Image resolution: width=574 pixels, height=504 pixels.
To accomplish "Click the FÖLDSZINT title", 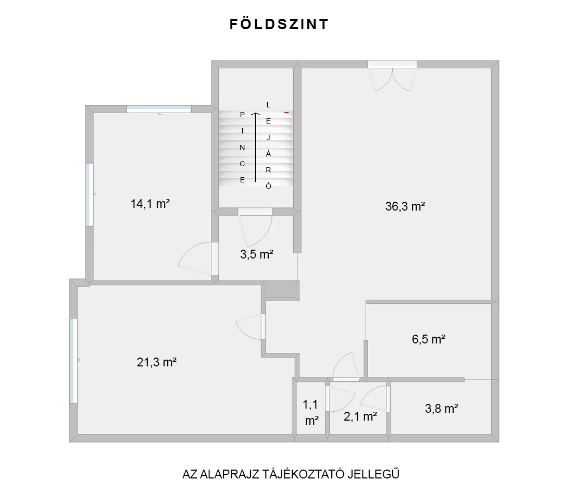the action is point(279,24).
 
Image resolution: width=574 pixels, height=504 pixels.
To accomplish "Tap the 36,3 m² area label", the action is point(405,206).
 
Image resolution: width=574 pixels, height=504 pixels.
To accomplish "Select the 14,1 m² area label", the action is point(150,204).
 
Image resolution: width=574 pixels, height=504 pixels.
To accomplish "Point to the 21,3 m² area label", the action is point(157,362).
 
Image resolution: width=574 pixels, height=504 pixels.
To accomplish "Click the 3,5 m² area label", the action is point(257,254).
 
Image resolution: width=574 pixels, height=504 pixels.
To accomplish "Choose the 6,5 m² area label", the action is point(428,339).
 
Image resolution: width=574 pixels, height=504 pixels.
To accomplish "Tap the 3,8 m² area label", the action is point(442,409).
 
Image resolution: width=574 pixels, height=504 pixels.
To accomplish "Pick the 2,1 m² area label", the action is point(360,416).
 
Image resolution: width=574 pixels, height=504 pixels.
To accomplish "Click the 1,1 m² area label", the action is point(310,412).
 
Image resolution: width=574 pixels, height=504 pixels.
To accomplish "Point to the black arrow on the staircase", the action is point(256,147).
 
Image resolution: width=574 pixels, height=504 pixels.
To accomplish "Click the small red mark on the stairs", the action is point(286,113).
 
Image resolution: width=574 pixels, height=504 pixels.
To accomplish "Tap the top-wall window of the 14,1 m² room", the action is point(159,109).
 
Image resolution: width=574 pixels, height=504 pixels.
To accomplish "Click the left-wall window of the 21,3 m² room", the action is point(73,361).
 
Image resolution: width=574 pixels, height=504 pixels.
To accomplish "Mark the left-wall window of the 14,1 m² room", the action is point(89,194).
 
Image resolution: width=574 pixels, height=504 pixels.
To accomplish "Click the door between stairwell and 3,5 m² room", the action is point(255,227).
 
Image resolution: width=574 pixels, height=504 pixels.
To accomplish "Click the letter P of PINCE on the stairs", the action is point(242,115).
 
